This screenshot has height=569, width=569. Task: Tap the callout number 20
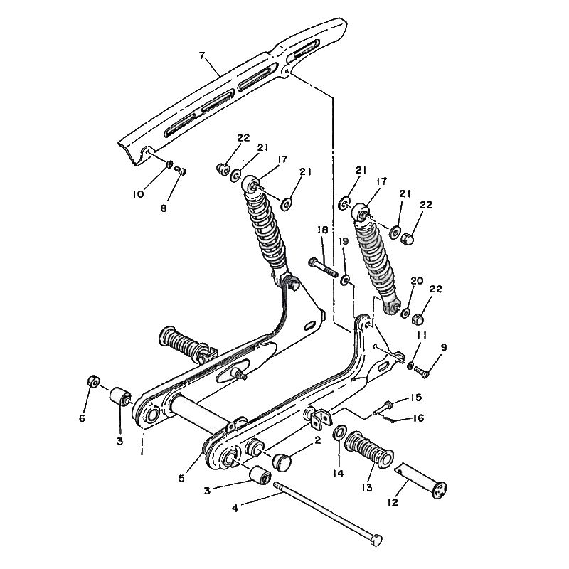click(417, 281)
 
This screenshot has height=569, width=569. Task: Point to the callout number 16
click(418, 418)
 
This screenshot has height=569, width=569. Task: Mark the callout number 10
click(138, 194)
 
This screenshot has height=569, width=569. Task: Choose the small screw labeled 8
click(180, 171)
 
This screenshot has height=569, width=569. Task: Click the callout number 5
click(181, 478)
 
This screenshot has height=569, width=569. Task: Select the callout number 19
click(344, 242)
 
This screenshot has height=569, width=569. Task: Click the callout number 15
click(416, 398)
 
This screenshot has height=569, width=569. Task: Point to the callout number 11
click(422, 335)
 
